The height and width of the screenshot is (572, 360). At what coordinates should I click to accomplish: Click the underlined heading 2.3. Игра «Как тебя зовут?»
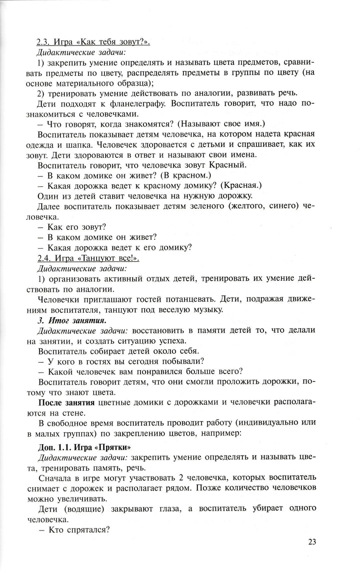point(93,42)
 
